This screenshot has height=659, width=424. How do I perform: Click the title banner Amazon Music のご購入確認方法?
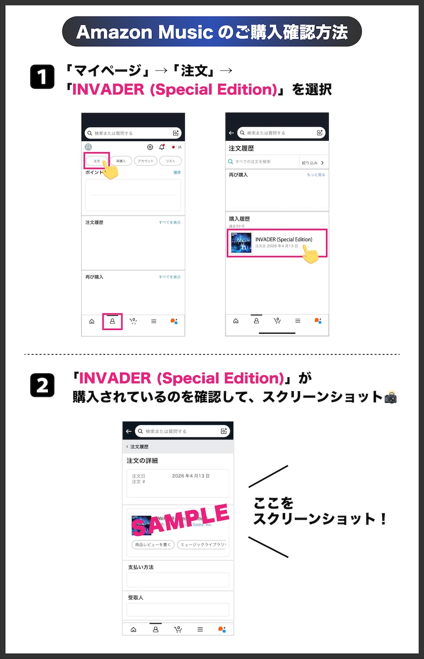(212, 32)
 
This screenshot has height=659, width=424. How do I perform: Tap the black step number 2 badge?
(43, 385)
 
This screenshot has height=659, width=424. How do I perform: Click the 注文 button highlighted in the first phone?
(97, 161)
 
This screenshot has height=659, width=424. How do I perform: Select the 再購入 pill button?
(121, 161)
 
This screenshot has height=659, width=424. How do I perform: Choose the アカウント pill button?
(145, 161)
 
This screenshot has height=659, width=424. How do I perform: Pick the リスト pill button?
(170, 161)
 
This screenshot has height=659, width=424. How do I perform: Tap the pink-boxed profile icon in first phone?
(112, 321)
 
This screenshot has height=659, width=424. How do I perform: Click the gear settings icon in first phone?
(150, 147)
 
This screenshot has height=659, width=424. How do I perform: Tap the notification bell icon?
(162, 147)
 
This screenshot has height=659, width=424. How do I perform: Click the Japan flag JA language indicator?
(176, 147)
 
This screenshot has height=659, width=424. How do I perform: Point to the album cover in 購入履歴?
(241, 243)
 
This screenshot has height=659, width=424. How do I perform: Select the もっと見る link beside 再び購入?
(316, 175)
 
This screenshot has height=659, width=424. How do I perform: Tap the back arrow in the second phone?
(231, 133)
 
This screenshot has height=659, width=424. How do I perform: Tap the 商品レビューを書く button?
(153, 544)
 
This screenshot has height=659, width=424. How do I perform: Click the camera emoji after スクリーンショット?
(390, 397)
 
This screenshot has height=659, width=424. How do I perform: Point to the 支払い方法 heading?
(141, 567)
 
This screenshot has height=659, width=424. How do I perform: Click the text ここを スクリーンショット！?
(319, 512)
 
